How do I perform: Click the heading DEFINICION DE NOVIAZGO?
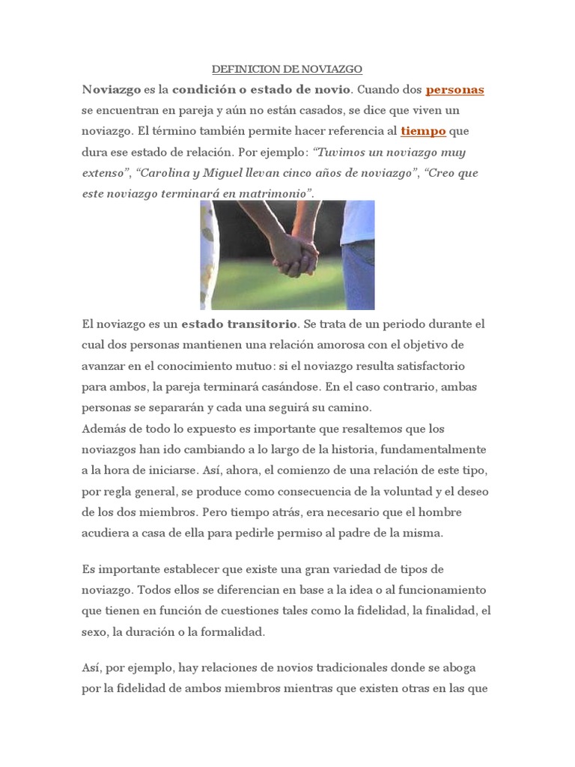287,69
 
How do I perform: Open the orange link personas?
454,90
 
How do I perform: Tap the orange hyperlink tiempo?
423,131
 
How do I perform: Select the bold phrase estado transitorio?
240,324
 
